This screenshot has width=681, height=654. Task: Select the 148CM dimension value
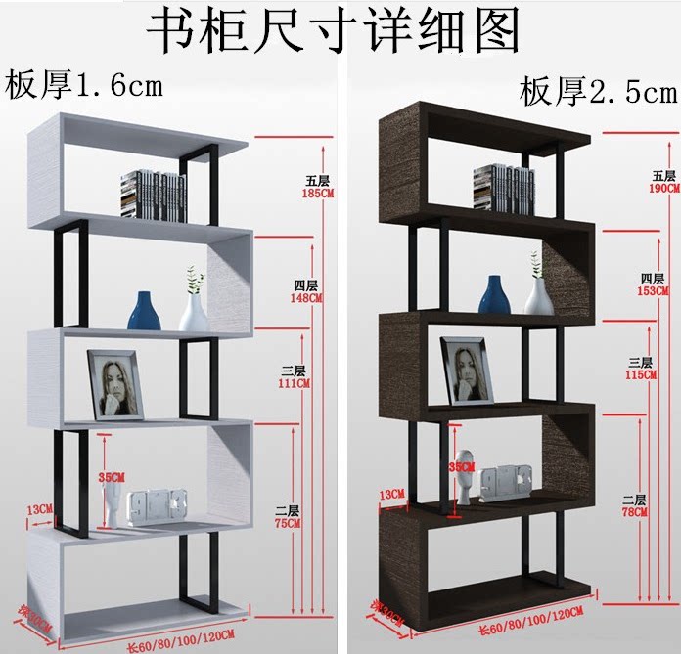point(307,298)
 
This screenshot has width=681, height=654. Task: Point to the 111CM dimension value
point(295,384)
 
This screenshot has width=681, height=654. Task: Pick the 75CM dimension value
point(286,523)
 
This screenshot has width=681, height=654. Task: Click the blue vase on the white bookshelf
point(144,310)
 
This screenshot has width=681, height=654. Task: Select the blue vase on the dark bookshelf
point(494,295)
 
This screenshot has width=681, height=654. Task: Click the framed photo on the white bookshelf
point(115,385)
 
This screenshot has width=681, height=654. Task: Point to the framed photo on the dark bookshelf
point(467,371)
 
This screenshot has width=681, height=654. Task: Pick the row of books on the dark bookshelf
point(504,189)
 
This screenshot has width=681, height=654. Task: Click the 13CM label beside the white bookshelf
point(40,509)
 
